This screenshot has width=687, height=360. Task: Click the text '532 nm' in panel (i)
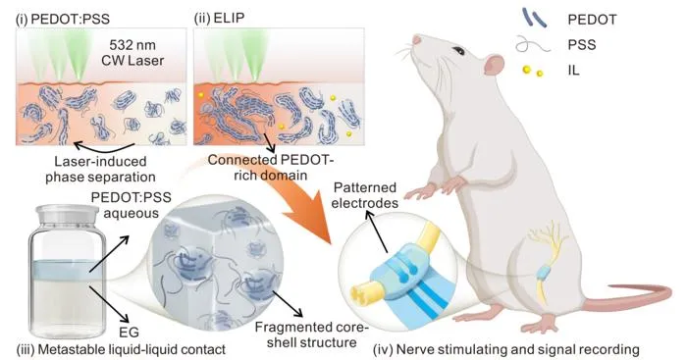point(132,45)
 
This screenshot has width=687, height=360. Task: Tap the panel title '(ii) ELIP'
point(219,19)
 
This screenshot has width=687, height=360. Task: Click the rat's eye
point(458,51)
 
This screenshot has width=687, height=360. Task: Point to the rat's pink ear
point(495,65)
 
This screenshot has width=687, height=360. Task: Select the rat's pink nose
point(416,40)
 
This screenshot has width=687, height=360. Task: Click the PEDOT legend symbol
point(534,18)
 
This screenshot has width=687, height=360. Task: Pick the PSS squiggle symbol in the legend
point(533,44)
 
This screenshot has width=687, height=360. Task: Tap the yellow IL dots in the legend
point(533,71)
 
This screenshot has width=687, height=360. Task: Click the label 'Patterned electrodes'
point(364,195)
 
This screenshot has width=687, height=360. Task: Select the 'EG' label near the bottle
point(129,332)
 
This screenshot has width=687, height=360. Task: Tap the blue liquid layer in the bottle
point(67,270)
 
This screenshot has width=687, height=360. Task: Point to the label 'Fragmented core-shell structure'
point(311,334)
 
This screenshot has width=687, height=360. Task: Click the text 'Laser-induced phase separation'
point(100,169)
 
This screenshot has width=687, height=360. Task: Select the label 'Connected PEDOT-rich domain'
point(270,168)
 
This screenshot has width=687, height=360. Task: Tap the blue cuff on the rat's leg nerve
point(544,273)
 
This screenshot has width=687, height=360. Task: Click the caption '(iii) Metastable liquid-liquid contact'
point(121,349)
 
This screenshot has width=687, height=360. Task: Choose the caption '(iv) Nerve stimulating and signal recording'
point(506,349)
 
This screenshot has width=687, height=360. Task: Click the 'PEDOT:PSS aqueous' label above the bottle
point(131,205)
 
